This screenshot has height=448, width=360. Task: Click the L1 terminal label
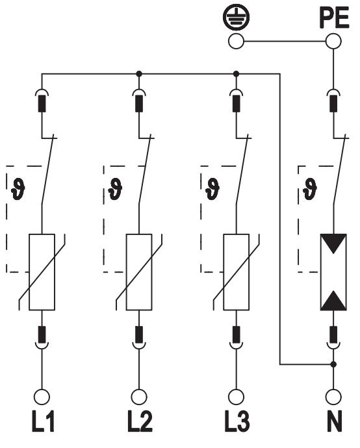click(x=43, y=421)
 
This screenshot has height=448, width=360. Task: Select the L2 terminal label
click(x=140, y=421)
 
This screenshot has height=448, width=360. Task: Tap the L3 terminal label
click(x=237, y=421)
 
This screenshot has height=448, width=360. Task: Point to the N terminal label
click(x=334, y=421)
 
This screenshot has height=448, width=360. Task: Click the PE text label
click(x=334, y=18)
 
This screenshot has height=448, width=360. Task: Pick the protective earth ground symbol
click(x=236, y=17)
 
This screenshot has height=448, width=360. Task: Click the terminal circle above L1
click(x=42, y=397)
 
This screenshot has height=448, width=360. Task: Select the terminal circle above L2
click(x=139, y=397)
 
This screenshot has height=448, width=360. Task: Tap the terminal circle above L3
click(x=236, y=397)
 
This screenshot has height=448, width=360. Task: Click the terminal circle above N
click(x=333, y=397)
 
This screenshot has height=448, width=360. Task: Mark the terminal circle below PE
click(x=333, y=41)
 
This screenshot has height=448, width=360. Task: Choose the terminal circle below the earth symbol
click(x=236, y=41)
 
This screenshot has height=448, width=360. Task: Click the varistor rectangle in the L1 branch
click(x=42, y=272)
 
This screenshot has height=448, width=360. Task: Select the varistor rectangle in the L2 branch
click(x=139, y=272)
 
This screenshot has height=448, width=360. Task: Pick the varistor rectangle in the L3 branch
click(x=236, y=272)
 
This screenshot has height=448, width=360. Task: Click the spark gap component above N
click(x=333, y=272)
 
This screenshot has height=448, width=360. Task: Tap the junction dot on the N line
click(x=333, y=364)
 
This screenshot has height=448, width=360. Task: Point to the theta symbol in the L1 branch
click(x=18, y=189)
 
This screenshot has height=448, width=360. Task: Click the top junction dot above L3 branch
click(x=236, y=74)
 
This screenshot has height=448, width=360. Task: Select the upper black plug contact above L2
click(x=139, y=103)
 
